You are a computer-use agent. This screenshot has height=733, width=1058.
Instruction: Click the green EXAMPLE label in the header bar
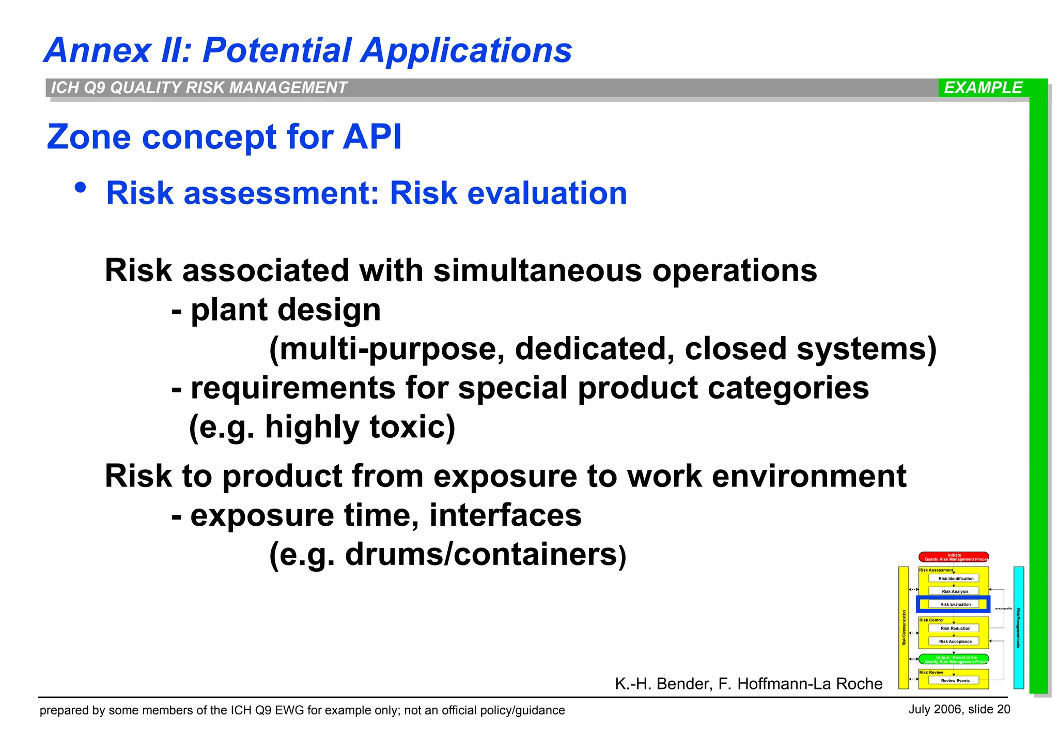(983, 88)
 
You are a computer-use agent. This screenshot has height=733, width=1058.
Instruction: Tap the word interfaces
(505, 515)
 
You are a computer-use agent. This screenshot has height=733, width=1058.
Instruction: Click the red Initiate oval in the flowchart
(954, 557)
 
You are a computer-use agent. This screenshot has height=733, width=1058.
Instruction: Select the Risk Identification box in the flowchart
(954, 578)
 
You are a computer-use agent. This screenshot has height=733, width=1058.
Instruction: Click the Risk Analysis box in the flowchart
(954, 591)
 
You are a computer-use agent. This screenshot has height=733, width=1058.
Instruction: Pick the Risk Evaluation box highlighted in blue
(954, 604)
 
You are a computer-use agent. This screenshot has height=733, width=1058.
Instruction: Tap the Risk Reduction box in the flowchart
(954, 629)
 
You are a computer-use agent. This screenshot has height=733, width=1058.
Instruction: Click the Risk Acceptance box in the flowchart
(954, 642)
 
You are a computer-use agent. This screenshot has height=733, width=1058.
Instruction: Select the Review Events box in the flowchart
(954, 681)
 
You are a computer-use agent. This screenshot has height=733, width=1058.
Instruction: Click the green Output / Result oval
(954, 659)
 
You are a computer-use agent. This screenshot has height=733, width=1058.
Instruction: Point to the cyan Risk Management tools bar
(1018, 628)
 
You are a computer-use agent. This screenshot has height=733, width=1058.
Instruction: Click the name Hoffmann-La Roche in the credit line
(810, 684)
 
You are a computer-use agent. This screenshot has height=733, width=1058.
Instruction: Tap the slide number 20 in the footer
(1003, 709)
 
